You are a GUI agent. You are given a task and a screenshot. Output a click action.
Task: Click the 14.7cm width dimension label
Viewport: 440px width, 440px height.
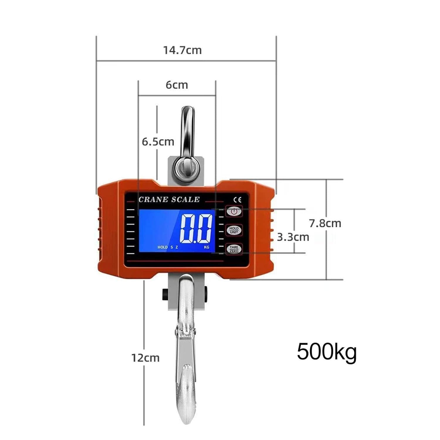[182, 50]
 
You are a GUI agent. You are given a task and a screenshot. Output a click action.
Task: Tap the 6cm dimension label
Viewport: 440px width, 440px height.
[177, 85]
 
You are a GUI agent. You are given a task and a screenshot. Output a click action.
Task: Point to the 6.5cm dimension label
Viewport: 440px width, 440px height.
[158, 142]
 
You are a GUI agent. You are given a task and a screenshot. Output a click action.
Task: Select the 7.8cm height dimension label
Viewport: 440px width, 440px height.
[325, 224]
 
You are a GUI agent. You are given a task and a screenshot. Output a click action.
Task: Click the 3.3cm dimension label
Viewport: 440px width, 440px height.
[293, 237]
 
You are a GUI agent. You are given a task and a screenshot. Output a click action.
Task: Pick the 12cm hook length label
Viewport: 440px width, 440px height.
[145, 358]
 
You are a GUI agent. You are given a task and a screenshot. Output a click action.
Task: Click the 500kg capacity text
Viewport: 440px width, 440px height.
[327, 352]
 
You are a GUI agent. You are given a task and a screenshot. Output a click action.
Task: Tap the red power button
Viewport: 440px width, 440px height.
[234, 211]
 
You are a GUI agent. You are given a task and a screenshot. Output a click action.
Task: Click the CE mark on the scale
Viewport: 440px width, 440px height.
[238, 200]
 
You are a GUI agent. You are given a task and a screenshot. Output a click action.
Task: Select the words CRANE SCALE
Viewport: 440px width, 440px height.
[169, 200]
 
